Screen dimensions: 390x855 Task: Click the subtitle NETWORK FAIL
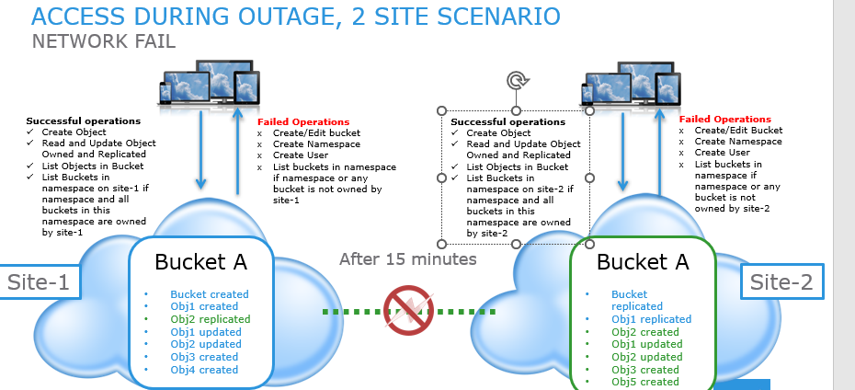(x=103, y=41)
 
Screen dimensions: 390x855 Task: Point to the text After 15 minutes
(x=407, y=259)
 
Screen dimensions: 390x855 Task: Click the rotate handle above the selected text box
(x=517, y=81)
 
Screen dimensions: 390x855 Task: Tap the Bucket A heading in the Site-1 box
(x=200, y=261)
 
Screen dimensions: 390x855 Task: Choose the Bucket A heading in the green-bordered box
(x=643, y=261)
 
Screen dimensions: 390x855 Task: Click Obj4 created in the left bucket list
(x=204, y=370)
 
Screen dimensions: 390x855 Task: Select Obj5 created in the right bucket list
(x=645, y=382)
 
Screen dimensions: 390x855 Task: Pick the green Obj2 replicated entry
(x=210, y=319)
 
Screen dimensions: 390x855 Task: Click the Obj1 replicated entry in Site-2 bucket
(x=651, y=319)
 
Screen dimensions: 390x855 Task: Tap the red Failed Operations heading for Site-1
(x=303, y=121)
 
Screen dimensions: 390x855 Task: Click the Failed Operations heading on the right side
(x=725, y=119)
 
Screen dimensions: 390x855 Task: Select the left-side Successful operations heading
(x=83, y=120)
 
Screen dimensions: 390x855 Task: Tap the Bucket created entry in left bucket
(x=210, y=294)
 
